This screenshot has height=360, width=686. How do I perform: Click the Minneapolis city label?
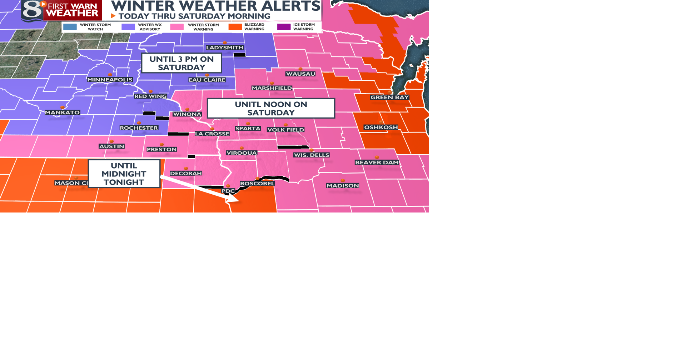[110, 80]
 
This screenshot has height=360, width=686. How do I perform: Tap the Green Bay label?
[389, 97]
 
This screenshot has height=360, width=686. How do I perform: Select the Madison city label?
[343, 186]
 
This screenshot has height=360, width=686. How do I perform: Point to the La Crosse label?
[212, 134]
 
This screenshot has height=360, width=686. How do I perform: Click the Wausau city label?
[300, 74]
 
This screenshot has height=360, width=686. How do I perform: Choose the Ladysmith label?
[225, 47]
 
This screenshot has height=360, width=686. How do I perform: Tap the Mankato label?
[63, 112]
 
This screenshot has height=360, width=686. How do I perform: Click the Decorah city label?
[186, 173]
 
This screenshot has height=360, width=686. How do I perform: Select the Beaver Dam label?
[377, 162]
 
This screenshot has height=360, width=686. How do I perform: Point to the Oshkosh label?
[381, 127]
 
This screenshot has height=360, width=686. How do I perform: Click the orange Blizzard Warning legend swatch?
[235, 27]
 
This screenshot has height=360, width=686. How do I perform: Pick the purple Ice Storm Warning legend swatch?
[284, 27]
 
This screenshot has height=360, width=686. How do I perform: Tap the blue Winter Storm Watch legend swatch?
[70, 27]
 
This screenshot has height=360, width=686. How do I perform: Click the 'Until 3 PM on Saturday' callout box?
[182, 63]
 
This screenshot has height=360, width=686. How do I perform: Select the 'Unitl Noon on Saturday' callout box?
[271, 108]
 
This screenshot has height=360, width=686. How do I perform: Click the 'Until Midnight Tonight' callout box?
[124, 174]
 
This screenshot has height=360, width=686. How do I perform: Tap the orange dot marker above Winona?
[187, 109]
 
